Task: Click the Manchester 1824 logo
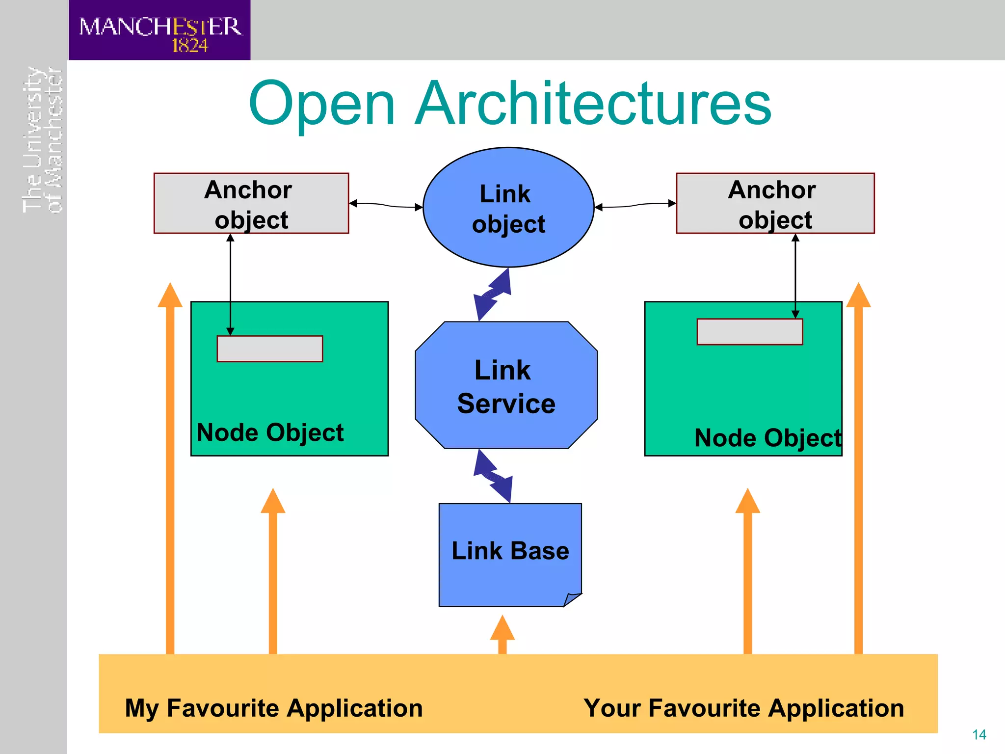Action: pos(159,31)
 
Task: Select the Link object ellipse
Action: pos(508,207)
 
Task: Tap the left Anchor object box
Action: pos(251,203)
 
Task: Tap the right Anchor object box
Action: pos(775,203)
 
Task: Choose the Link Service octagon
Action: pos(506,385)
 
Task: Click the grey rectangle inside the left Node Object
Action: pos(269,349)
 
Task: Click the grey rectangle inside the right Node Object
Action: pos(749,332)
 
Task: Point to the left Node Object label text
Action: pos(270,433)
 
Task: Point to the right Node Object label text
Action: pos(767,438)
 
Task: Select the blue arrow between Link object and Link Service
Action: pos(492,295)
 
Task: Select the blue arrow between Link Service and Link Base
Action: pos(493,476)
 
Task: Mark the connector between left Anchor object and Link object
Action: pos(386,205)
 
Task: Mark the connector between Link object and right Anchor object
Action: pos(635,205)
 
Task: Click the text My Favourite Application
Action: pos(273,708)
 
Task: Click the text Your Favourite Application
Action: pos(743,708)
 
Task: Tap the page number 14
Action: pos(979,735)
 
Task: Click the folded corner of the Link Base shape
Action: pos(572,599)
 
